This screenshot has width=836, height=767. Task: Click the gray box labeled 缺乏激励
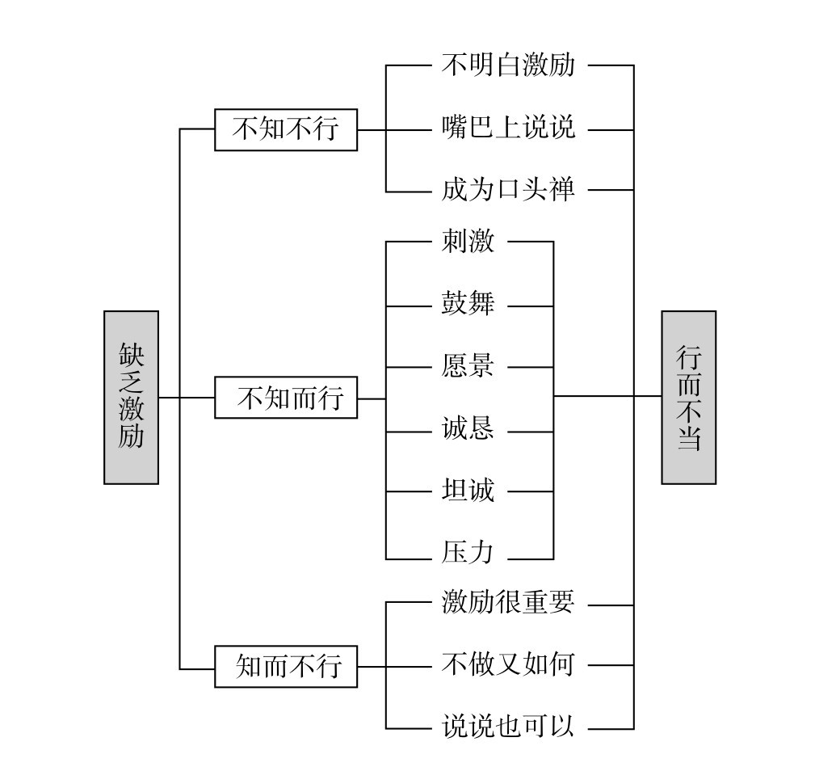131,397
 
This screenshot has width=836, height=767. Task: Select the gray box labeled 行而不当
688,397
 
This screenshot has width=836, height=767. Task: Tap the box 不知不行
285,129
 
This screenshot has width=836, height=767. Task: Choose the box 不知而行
285,398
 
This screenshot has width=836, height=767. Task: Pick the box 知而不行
285,668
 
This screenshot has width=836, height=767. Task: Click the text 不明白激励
508,65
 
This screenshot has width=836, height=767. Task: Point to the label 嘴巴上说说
508,129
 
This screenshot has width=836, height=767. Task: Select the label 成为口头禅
508,191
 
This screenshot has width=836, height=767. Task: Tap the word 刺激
468,242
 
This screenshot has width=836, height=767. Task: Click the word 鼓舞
468,306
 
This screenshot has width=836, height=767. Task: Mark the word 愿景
468,367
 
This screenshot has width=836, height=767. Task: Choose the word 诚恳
468,429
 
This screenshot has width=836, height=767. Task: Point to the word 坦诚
468,491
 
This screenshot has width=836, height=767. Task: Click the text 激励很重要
508,603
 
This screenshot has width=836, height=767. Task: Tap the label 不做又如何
508,664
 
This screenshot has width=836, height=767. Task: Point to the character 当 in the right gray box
688,439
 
